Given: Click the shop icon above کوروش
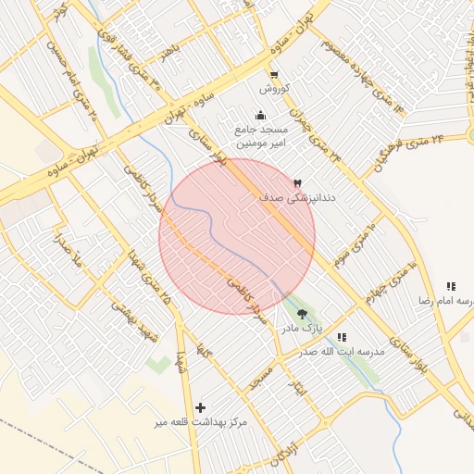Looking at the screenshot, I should point(273,75).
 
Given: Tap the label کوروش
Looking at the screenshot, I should point(275,89).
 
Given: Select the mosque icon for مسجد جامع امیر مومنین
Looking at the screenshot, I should point(260,116).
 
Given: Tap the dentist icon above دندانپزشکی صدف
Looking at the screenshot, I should point(297,183).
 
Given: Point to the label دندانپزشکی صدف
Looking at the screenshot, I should point(302,198).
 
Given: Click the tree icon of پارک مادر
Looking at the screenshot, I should point(302,313).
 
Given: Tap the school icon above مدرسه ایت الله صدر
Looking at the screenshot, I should point(342,338).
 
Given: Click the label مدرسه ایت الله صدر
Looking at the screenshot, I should point(341,353).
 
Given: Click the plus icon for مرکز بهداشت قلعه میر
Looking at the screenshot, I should point(201,407).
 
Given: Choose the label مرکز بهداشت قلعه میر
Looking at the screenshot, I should point(201,422).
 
